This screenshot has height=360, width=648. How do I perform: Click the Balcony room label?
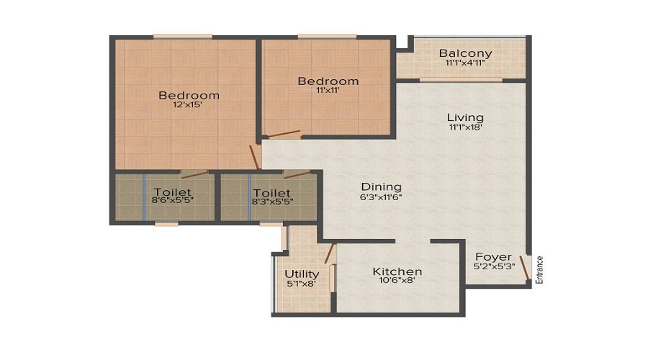(465, 53)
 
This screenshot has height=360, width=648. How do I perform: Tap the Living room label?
(465, 117)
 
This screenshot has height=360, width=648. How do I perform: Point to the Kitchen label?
(397, 271)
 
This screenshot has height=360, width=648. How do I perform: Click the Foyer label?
(493, 256)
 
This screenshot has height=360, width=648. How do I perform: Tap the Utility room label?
(302, 274)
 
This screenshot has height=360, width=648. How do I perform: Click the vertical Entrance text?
(539, 269)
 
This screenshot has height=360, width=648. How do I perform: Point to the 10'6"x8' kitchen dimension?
(397, 282)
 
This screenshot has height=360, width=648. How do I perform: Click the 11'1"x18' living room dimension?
(465, 127)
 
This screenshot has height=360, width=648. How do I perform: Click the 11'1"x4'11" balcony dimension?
(465, 63)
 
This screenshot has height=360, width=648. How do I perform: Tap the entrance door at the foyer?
(526, 269)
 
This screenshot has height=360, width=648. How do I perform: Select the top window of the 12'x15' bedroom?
(182, 36)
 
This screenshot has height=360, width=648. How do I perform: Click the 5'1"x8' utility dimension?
(302, 284)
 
